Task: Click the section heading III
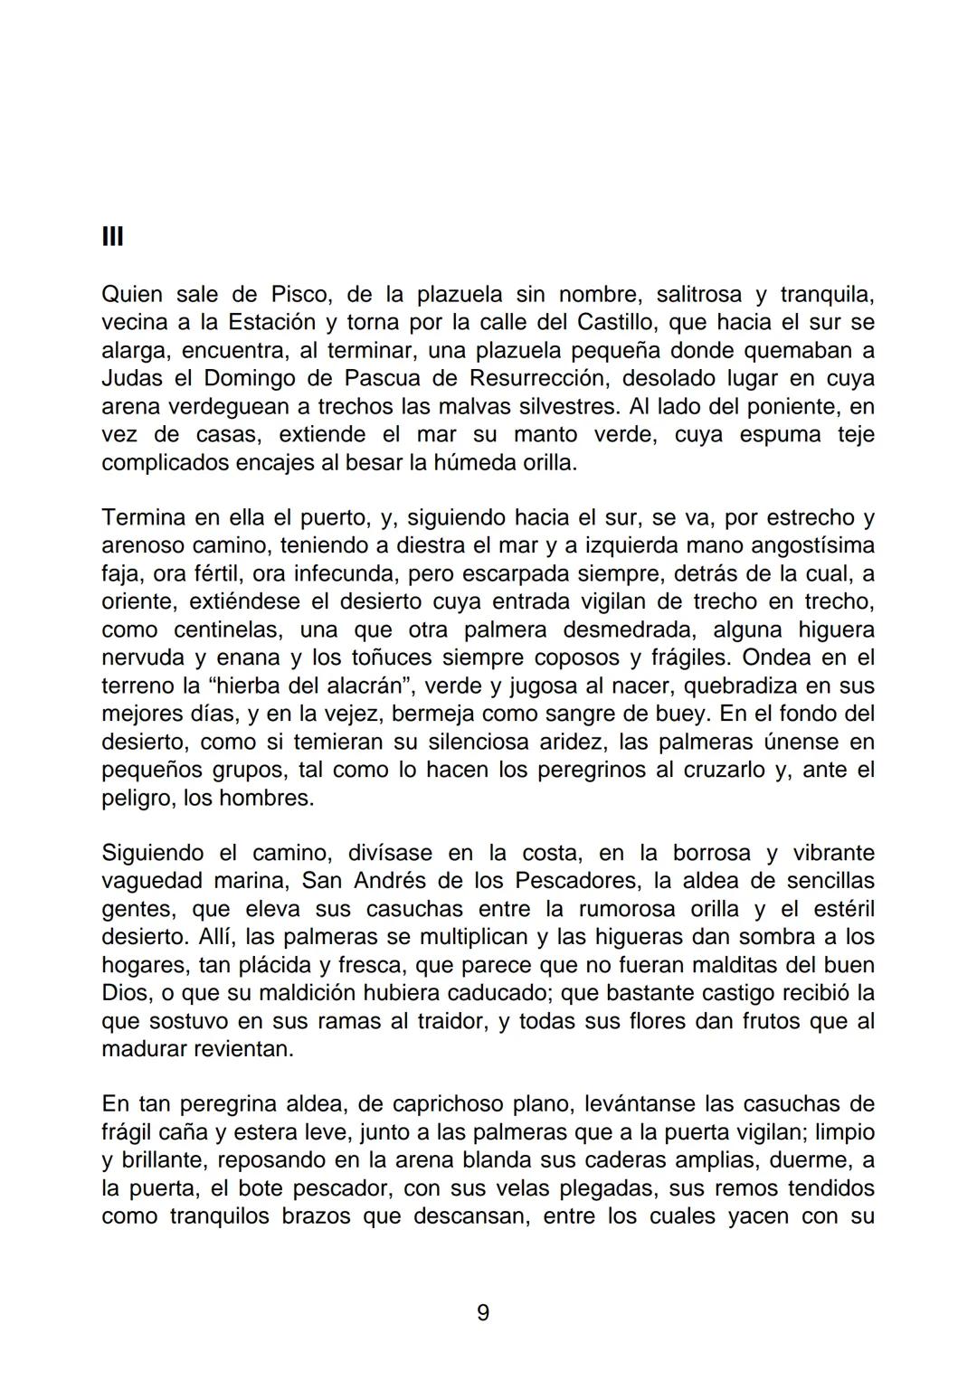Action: coord(112,237)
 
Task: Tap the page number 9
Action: coord(483,1312)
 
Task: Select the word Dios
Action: coord(125,993)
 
